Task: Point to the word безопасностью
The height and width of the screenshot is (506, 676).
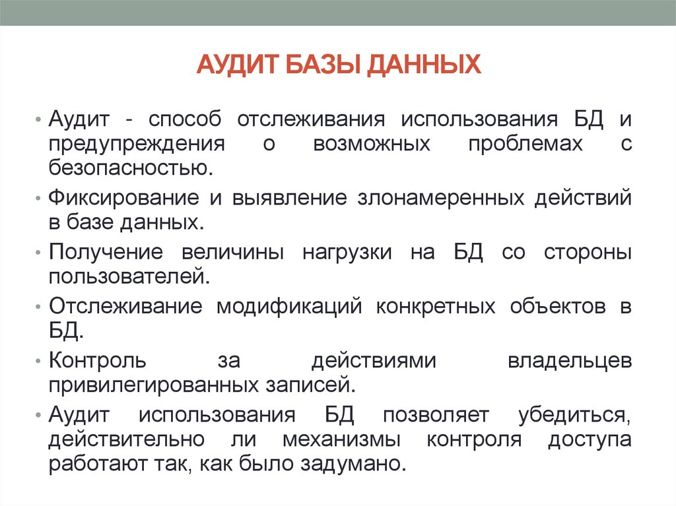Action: [131, 167]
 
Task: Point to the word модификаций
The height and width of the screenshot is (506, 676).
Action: [290, 307]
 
